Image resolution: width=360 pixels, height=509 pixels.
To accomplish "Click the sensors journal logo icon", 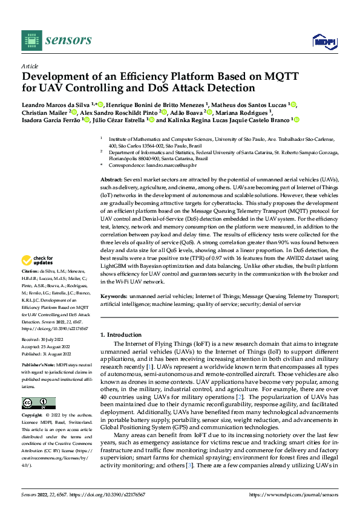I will click(x=31, y=40).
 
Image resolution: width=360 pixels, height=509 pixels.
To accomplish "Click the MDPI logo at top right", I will click(x=321, y=41).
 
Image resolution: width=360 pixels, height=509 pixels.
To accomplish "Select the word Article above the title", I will click(x=30, y=66).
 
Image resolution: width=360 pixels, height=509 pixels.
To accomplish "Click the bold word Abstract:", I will click(x=111, y=180).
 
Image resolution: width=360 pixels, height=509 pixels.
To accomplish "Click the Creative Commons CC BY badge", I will click(x=38, y=403).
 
